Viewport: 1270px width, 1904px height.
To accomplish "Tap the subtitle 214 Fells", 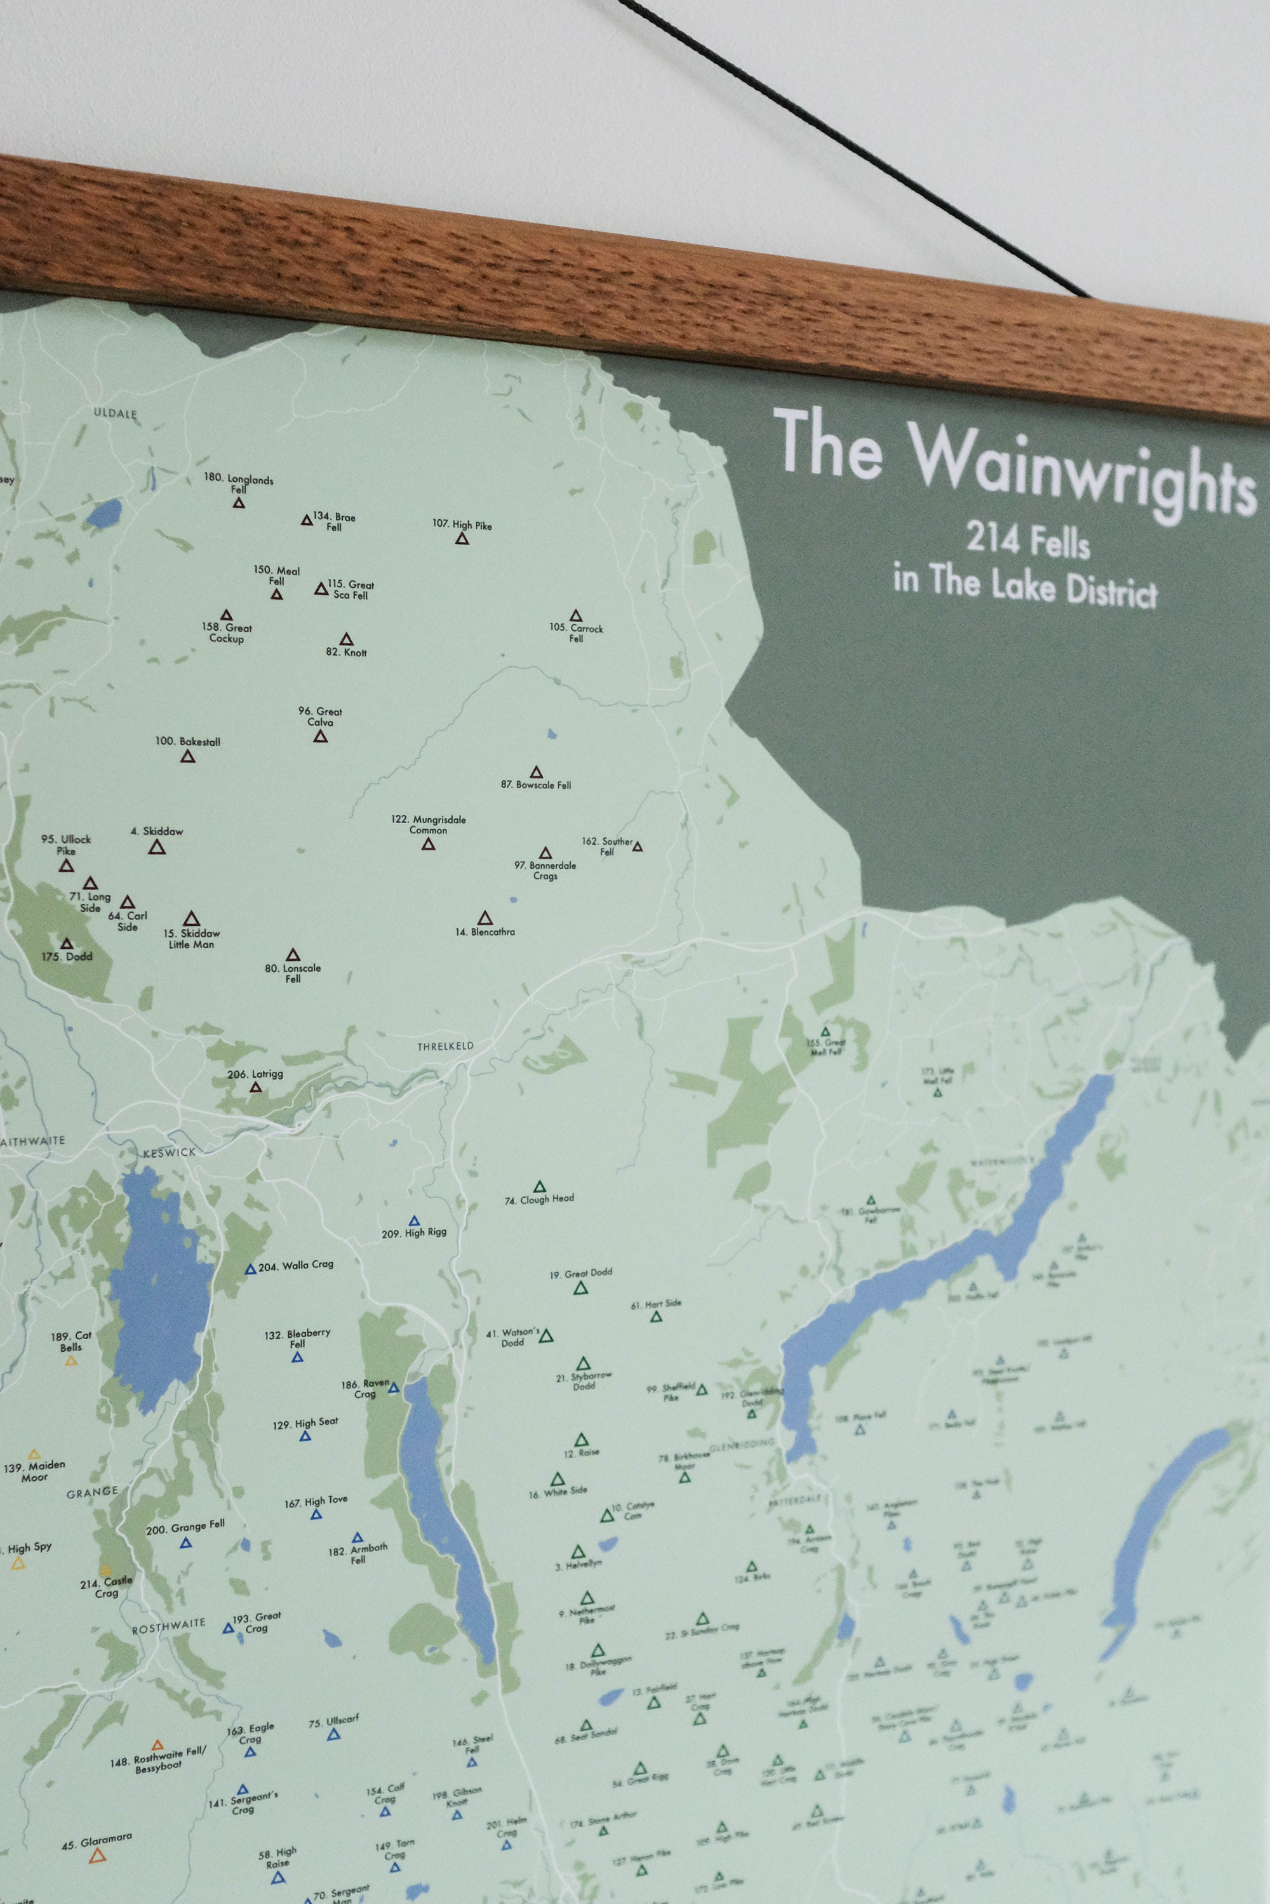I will (1027, 541).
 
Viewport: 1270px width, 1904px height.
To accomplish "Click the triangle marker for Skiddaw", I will (157, 847).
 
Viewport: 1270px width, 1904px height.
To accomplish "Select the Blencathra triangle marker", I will (485, 917).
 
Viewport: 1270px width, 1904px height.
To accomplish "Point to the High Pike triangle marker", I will (462, 538).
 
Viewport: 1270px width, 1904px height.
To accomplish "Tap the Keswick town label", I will (170, 1152).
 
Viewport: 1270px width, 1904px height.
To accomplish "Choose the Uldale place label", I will (115, 413).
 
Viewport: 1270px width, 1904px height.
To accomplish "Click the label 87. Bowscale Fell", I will (535, 784).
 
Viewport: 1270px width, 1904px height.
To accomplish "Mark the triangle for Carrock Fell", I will (575, 616).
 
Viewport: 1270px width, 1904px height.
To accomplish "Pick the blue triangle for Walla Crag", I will (250, 1269).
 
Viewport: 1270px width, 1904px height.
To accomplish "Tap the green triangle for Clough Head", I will (539, 1187).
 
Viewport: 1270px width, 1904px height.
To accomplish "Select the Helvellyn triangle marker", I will (577, 1552).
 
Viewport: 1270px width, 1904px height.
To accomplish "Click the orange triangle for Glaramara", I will (97, 1855).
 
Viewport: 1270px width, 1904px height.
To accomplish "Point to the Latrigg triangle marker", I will (256, 1087).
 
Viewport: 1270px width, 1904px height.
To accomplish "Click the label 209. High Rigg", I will (414, 1234).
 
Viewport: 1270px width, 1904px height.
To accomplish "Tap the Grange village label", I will (92, 1492).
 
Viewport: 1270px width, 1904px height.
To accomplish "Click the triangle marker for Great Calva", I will (320, 737).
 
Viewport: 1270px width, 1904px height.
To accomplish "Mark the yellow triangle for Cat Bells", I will (71, 1361).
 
